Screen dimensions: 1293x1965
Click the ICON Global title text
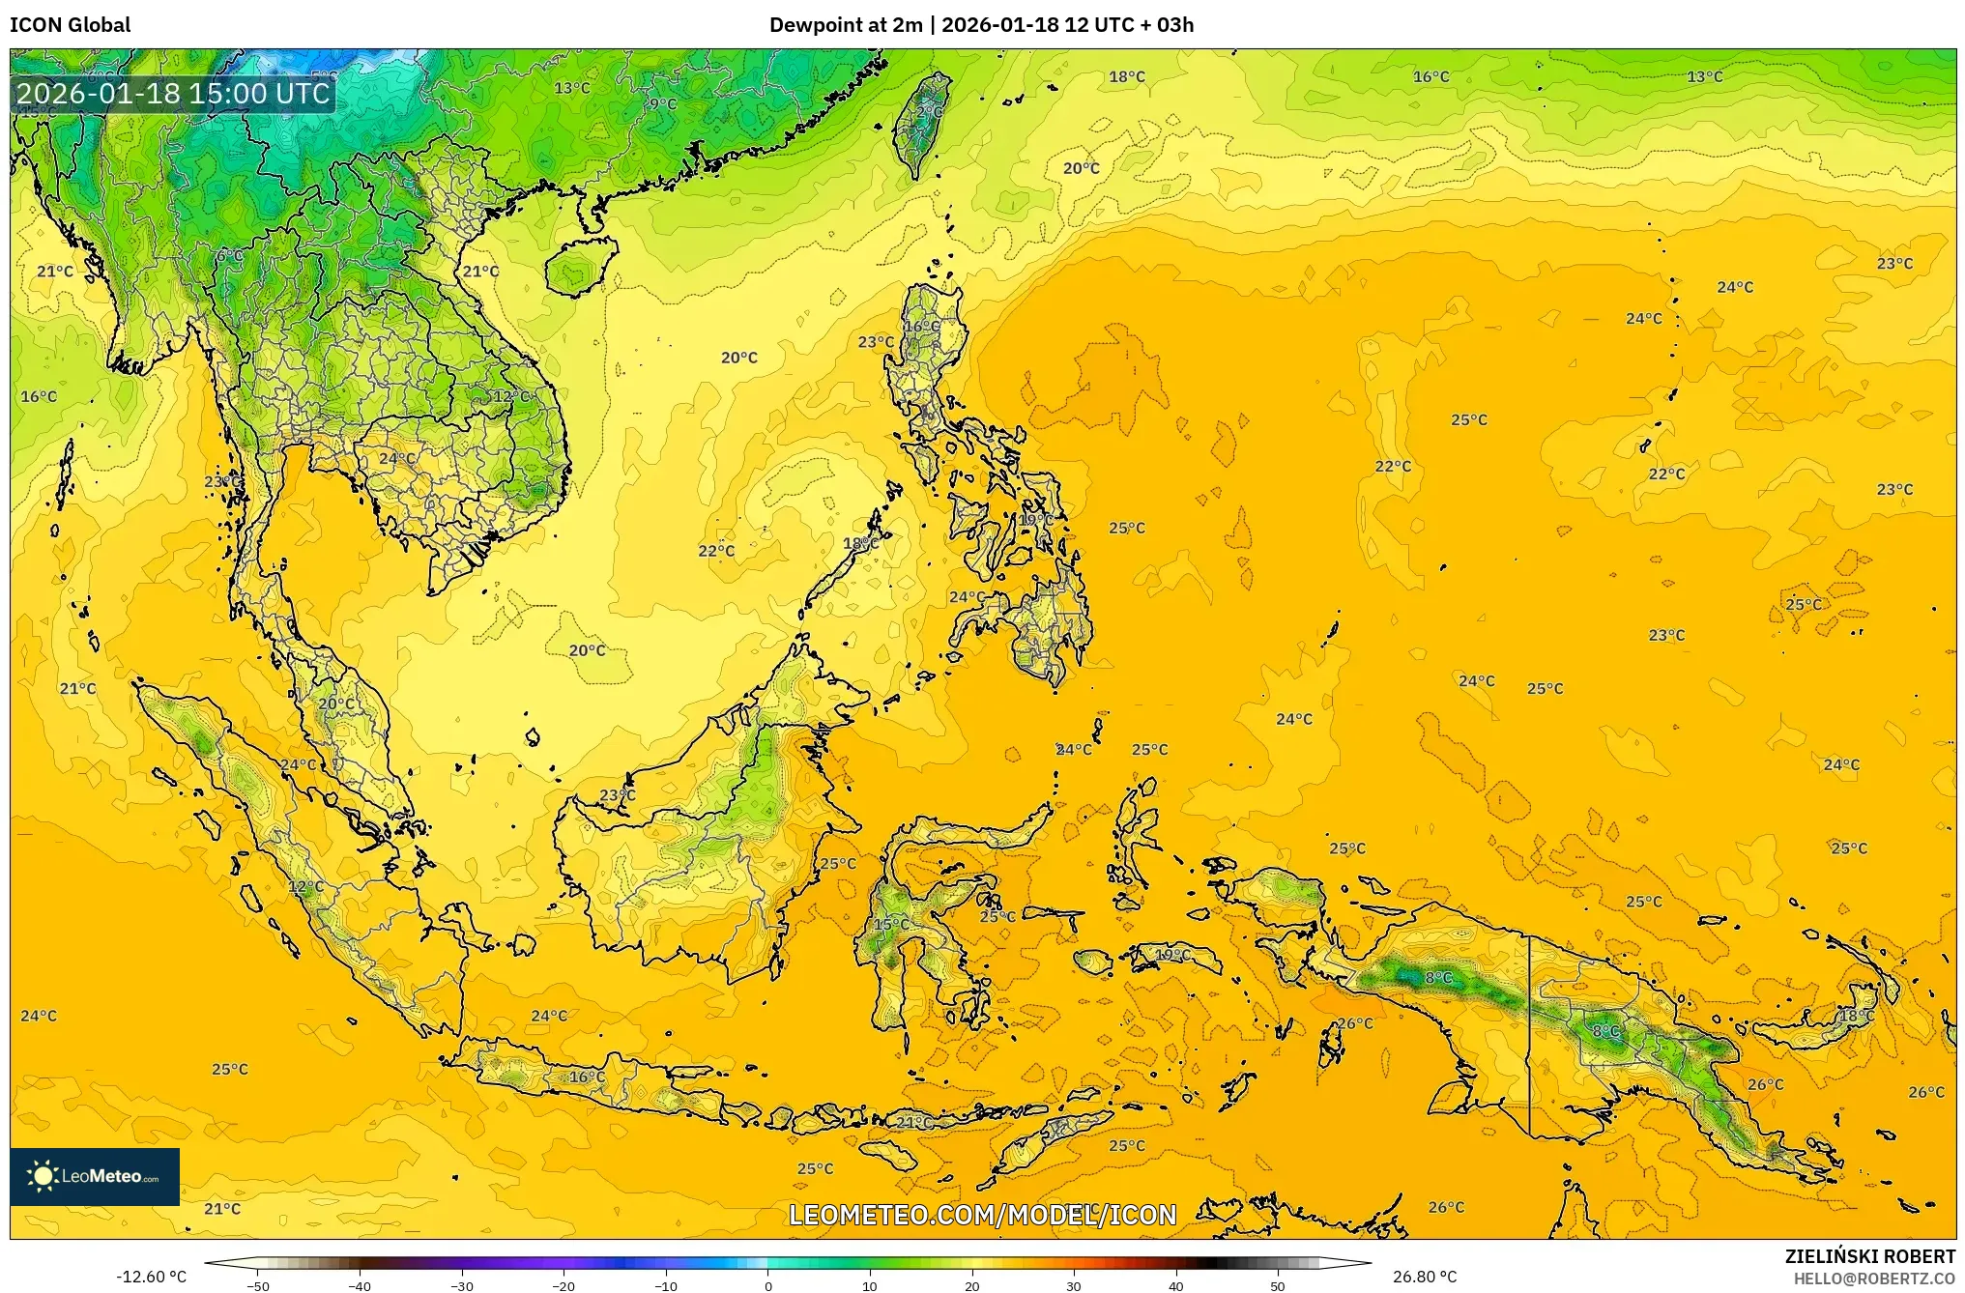pos(70,25)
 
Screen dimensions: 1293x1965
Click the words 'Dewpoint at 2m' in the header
pos(846,25)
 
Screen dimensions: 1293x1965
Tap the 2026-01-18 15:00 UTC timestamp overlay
pos(173,93)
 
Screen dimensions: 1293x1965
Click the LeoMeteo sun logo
pos(43,1176)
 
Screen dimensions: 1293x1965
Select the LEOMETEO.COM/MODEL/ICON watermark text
pos(982,1215)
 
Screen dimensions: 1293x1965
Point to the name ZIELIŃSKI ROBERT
pos(1869,1256)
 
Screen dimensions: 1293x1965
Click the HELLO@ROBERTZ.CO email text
pos(1874,1279)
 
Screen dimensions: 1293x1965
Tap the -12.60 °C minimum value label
pos(151,1277)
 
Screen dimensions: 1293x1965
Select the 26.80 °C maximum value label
pos(1424,1277)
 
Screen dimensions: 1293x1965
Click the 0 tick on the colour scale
pos(768,1285)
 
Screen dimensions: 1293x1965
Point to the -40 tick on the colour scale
pos(360,1285)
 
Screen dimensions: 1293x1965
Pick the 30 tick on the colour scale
pos(1074,1285)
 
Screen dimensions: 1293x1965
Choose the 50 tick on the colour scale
pos(1278,1285)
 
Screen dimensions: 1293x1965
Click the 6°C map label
pos(230,256)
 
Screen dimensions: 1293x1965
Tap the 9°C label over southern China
pos(662,104)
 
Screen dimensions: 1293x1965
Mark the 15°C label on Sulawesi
pos(891,925)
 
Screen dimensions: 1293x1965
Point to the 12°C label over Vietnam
pos(512,396)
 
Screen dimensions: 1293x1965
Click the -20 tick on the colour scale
pos(563,1285)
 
